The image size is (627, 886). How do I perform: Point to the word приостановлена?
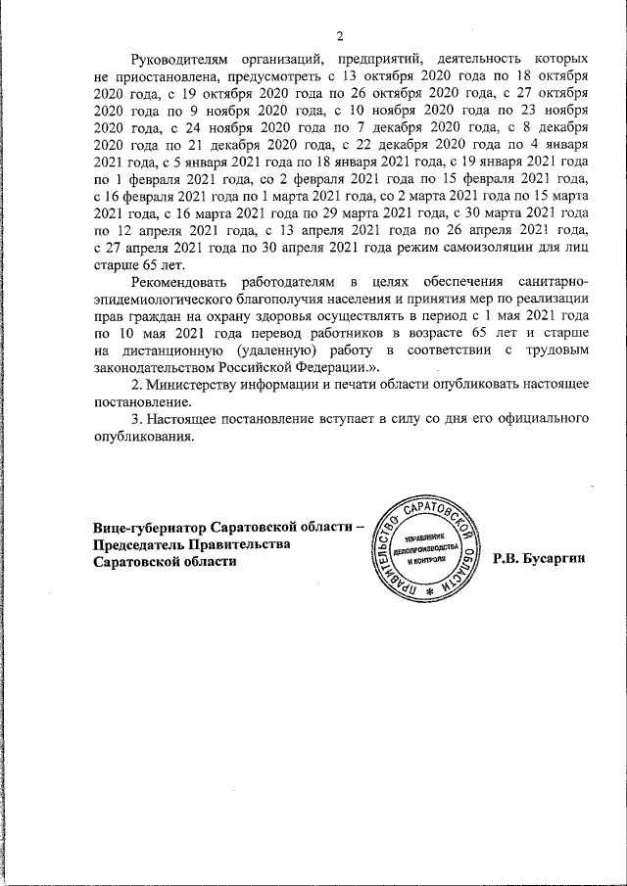click(154, 75)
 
